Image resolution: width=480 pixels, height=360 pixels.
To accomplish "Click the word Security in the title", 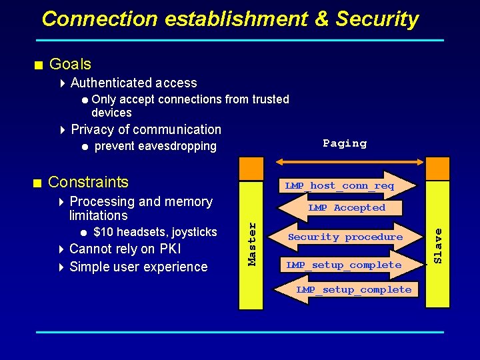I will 377,19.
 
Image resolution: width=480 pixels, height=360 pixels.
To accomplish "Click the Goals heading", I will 70,64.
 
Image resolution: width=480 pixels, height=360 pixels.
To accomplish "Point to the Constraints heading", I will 88,182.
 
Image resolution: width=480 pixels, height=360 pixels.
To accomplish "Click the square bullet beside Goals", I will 39,65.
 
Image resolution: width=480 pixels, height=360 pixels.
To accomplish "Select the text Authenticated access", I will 133,83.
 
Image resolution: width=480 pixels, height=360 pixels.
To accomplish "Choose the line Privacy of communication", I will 145,129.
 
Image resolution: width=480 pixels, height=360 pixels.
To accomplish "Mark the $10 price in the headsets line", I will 102,232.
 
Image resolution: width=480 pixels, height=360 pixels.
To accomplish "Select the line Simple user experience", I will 138,267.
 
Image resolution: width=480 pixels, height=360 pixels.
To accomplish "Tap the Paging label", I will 345,143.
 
